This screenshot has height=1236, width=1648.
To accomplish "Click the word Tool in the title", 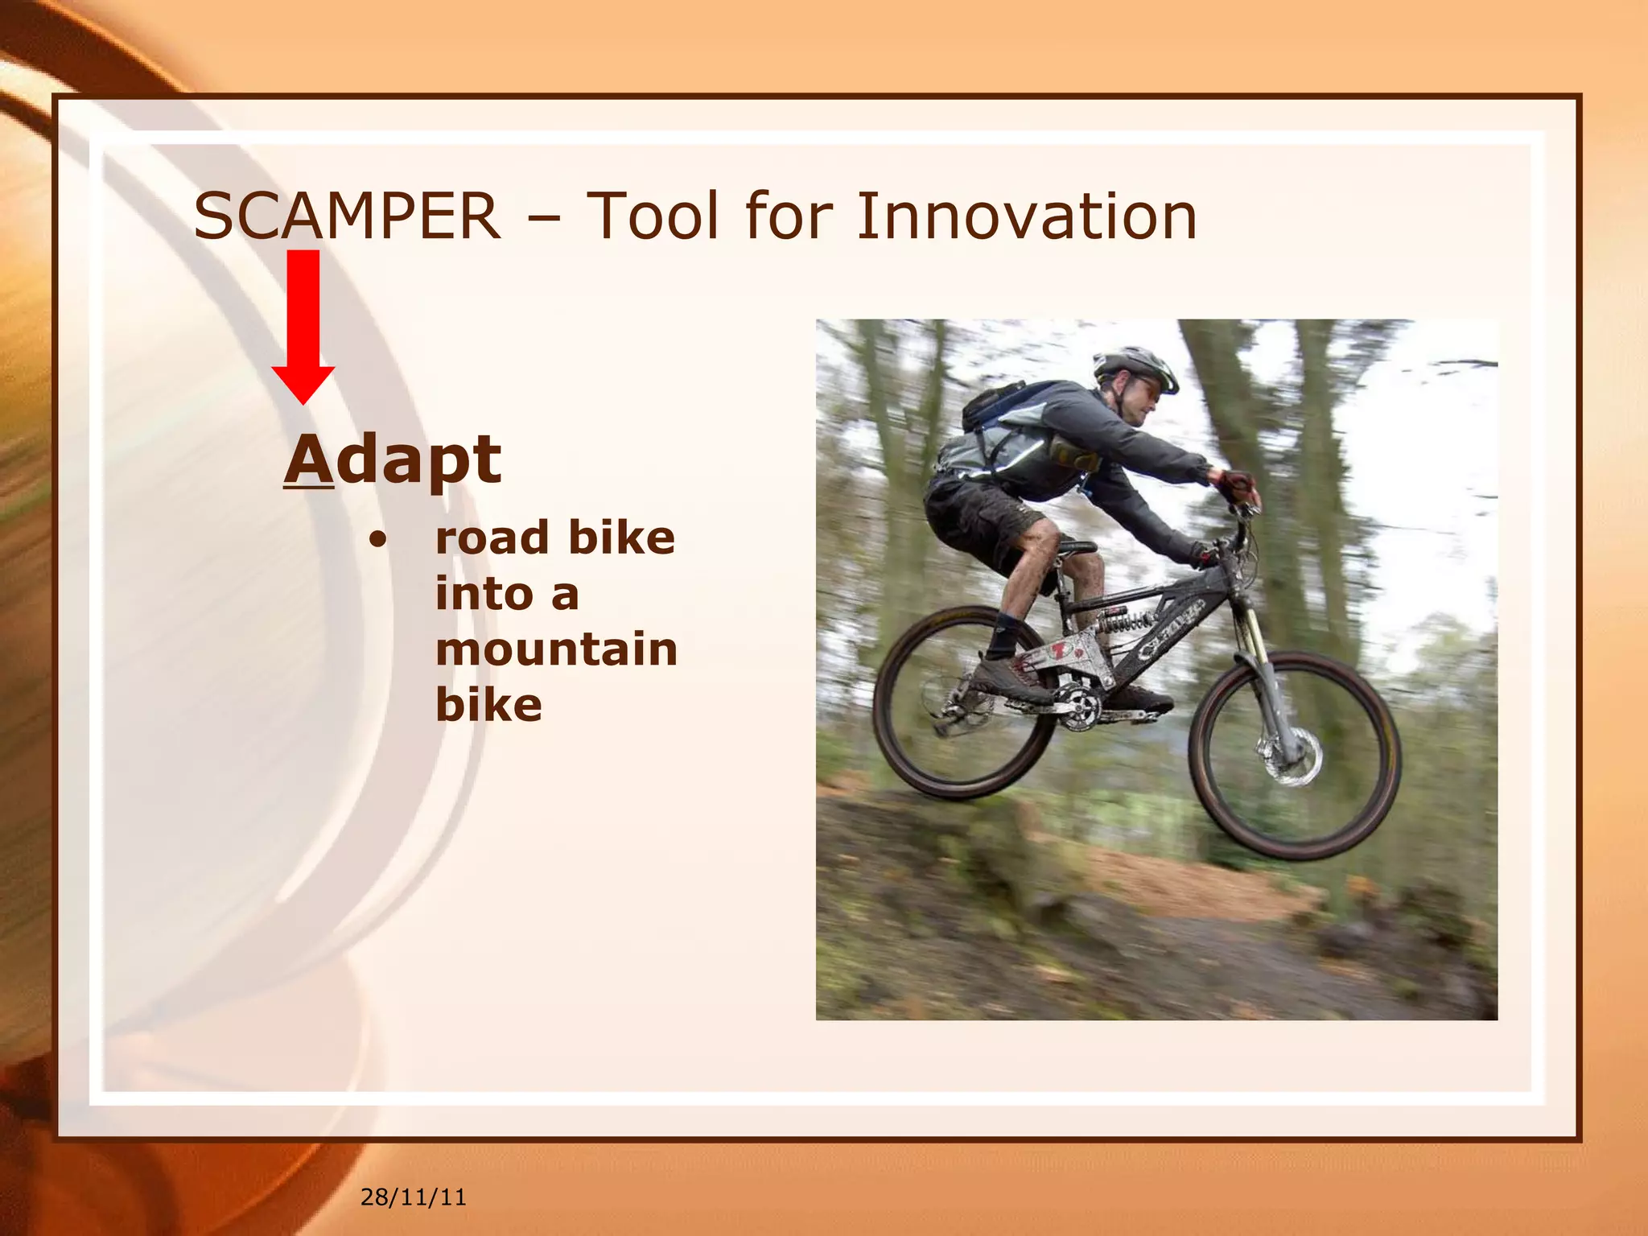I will [653, 216].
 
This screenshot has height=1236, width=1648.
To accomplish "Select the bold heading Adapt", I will [393, 459].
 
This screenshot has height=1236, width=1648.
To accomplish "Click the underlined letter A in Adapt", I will [309, 459].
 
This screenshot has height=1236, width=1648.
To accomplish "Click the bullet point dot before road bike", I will [377, 540].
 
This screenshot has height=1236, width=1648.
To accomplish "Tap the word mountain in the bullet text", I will [556, 649].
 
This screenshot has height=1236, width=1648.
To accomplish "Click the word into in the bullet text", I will [484, 595].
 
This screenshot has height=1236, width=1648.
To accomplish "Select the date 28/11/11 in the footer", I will [413, 1197].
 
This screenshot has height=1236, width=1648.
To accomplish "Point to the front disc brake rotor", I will [1292, 756].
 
